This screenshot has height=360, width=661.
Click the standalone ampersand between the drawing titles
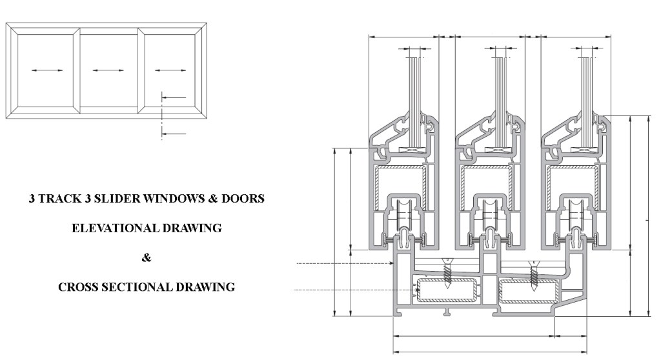coord(147,258)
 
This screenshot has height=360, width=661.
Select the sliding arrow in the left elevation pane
coord(46,70)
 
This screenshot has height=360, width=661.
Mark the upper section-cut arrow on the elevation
coord(173,97)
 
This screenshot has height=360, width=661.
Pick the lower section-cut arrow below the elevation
coord(173,134)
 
